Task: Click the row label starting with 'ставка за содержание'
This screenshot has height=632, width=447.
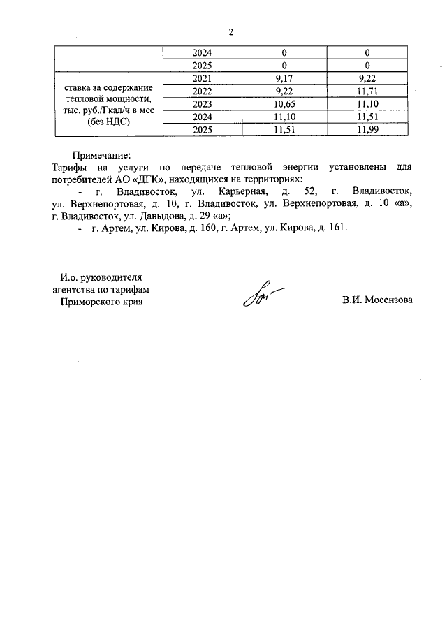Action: point(109,89)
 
